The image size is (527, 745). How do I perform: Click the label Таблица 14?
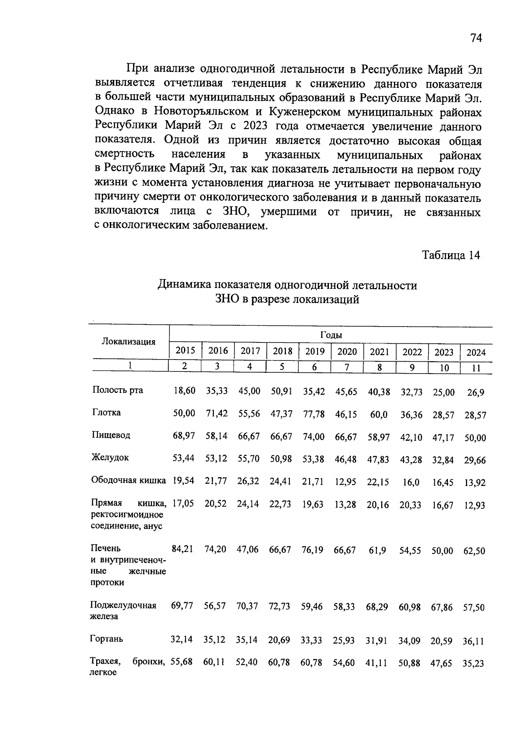pos(451,255)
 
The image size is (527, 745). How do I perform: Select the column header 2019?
pos(314,351)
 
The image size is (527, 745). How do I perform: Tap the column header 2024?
pos(476,353)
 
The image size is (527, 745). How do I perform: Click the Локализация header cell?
pos(129,342)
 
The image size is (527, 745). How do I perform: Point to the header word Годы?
pos(331,335)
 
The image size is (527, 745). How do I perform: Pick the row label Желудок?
pos(110,457)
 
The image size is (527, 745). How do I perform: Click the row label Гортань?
pos(107,639)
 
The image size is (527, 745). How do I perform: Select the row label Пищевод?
pos(111,435)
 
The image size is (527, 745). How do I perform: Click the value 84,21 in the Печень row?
pos(183,549)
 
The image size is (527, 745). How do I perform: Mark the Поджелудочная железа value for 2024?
pos(474,608)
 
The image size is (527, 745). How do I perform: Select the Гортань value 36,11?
pos(473,641)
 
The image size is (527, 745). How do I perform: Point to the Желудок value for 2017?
pos(249,459)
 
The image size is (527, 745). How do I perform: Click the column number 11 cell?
pos(476,368)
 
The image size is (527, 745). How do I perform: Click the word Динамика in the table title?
pos(184,285)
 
